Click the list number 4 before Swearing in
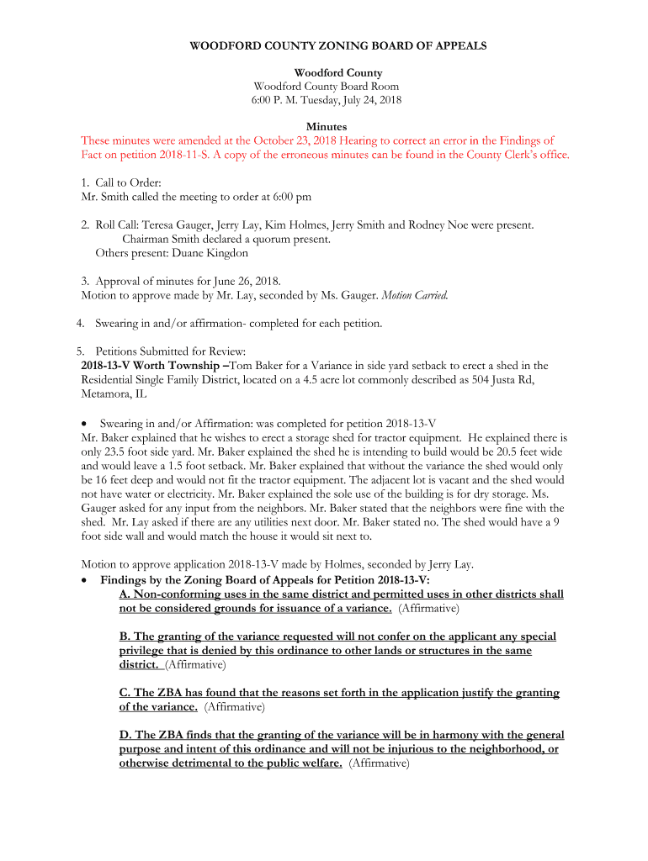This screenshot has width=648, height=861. pos(79,323)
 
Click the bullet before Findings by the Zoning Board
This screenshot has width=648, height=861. pos(85,580)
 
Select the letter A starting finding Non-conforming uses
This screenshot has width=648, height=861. pos(125,594)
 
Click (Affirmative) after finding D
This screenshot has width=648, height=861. pos(379,763)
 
